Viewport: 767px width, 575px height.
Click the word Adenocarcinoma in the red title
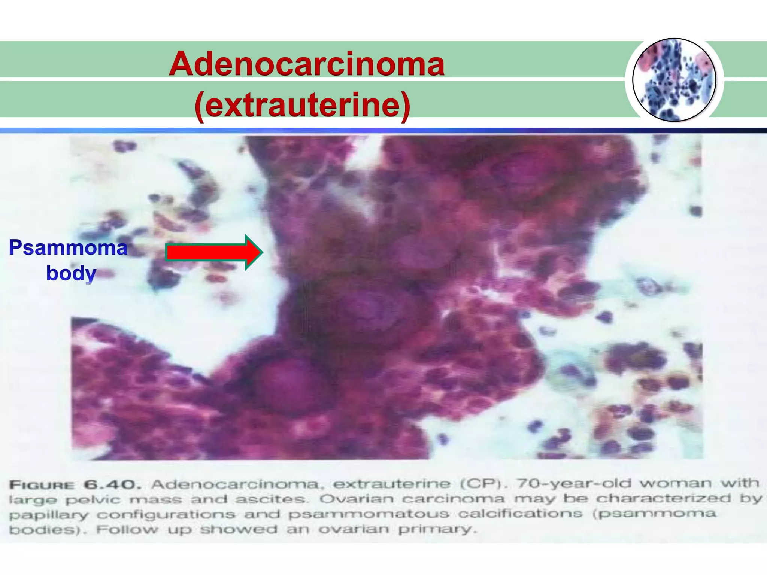306,64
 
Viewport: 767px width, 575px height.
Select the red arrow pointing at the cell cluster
214,252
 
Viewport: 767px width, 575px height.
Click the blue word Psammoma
68,248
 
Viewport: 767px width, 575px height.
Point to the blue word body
71,273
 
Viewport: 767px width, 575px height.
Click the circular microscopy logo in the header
674,80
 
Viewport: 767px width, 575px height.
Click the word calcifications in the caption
521,514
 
